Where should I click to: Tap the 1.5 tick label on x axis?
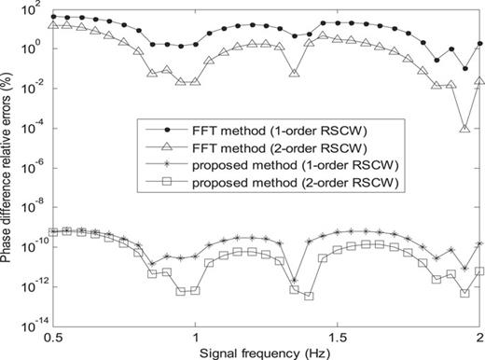tap(338, 334)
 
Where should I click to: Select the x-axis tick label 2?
tap(479, 334)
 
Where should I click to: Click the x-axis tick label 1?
tap(196, 334)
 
